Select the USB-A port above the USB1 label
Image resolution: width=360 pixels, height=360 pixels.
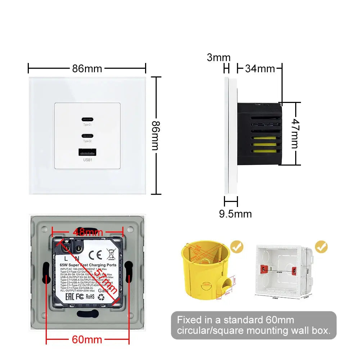coord(87,152)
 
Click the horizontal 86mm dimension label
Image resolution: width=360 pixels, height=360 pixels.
coord(87,68)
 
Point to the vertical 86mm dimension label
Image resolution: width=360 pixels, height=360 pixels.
coord(155,135)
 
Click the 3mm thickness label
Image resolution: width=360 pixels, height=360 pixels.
coord(219,57)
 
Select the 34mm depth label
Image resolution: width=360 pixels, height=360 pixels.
coord(260,68)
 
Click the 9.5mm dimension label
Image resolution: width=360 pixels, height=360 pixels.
coord(235,214)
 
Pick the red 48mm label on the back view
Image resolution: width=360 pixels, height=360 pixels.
coord(88,232)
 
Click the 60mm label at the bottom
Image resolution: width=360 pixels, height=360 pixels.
coord(88,339)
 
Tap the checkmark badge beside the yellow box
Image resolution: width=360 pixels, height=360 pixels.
coord(237,247)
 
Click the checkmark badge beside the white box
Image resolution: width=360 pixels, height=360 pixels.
coord(321,247)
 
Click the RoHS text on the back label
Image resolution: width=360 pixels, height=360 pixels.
coord(90,297)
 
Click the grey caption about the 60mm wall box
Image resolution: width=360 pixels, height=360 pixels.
coord(253,325)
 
